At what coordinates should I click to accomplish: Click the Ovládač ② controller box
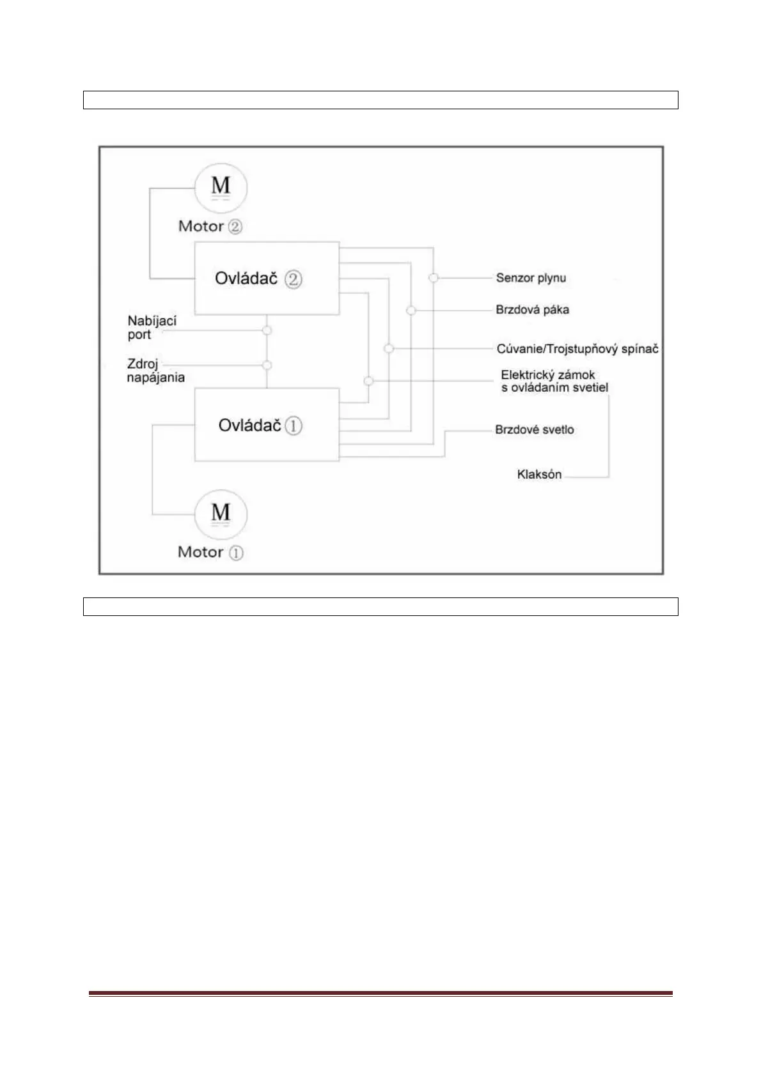pyautogui.click(x=267, y=278)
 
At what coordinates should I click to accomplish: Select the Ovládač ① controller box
pyautogui.click(x=267, y=424)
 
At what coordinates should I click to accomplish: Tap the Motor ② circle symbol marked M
pyautogui.click(x=221, y=187)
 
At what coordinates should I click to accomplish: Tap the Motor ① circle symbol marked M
pyautogui.click(x=221, y=514)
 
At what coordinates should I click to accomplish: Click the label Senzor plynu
pyautogui.click(x=531, y=278)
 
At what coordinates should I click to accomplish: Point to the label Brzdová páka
pyautogui.click(x=532, y=310)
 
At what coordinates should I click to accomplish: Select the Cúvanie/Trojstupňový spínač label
pyautogui.click(x=577, y=349)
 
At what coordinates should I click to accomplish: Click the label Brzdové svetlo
pyautogui.click(x=534, y=429)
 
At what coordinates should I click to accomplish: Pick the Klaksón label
pyautogui.click(x=539, y=474)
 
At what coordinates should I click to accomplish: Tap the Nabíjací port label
pyautogui.click(x=152, y=327)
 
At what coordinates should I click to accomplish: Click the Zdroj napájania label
pyautogui.click(x=155, y=371)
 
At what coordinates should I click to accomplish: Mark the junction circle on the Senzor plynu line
pyautogui.click(x=434, y=278)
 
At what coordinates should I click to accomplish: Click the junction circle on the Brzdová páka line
pyautogui.click(x=411, y=311)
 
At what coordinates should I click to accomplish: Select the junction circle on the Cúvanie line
pyautogui.click(x=389, y=348)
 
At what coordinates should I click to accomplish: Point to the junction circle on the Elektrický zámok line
pyautogui.click(x=368, y=381)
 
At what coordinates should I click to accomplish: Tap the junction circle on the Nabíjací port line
pyautogui.click(x=267, y=330)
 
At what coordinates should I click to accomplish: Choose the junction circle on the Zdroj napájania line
pyautogui.click(x=267, y=365)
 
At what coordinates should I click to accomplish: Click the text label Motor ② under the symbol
pyautogui.click(x=210, y=226)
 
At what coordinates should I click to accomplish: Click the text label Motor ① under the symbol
pyautogui.click(x=210, y=552)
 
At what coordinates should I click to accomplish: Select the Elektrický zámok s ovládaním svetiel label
pyautogui.click(x=554, y=381)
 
